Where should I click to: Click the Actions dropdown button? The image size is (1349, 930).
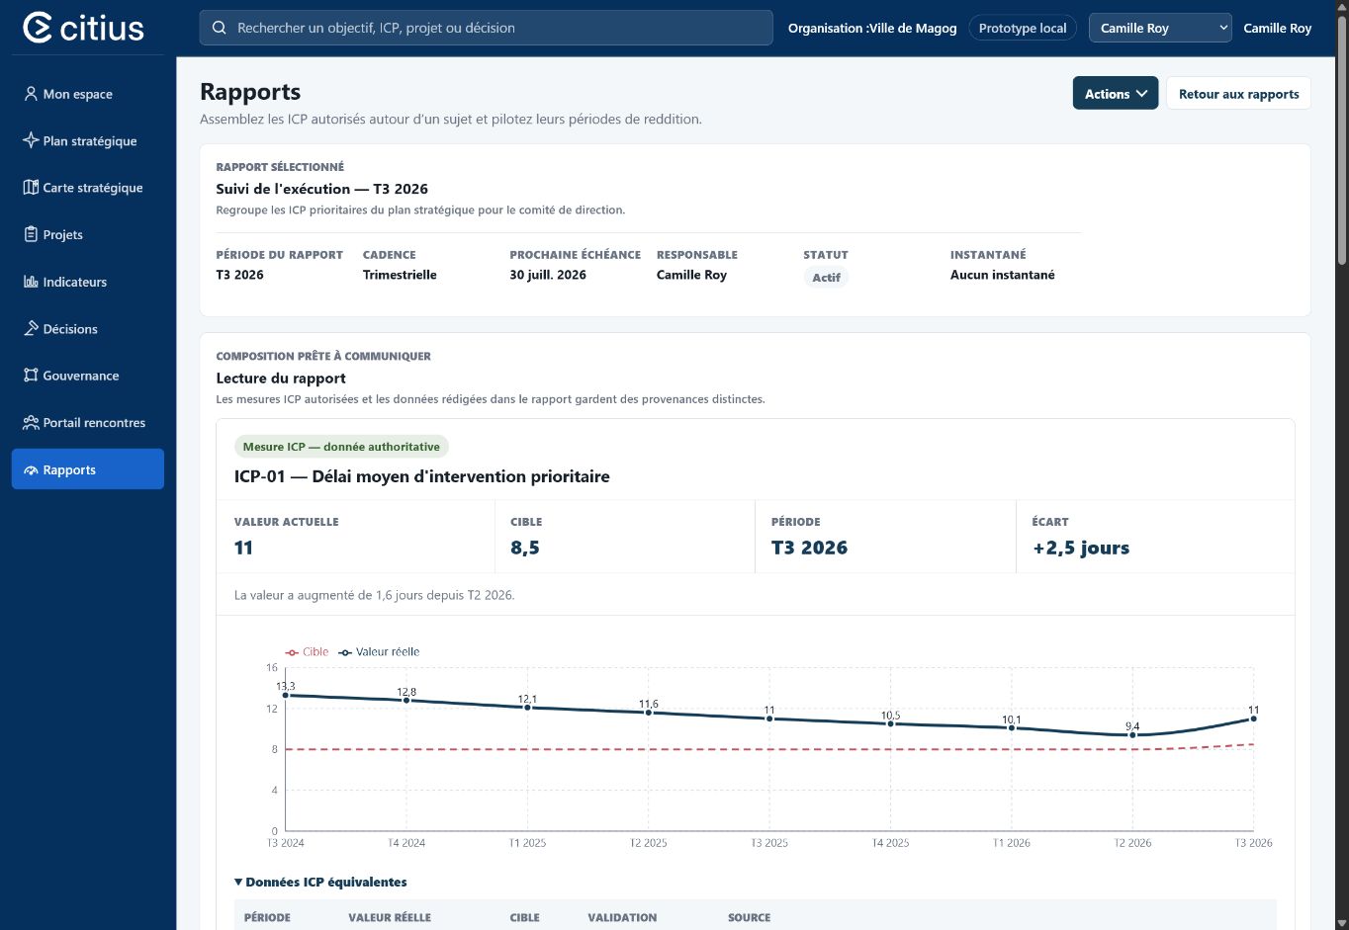[1115, 93]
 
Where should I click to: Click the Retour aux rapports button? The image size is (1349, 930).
[1238, 93]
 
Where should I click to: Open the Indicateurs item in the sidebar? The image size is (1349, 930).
[65, 282]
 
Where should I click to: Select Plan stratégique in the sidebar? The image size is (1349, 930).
[80, 141]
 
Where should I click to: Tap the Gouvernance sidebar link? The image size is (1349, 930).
[71, 376]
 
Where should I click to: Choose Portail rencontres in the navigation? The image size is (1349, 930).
[84, 423]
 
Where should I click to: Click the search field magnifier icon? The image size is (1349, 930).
[220, 28]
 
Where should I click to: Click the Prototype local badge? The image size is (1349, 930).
[1022, 28]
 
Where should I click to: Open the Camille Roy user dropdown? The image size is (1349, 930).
[1160, 28]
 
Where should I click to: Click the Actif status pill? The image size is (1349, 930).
[826, 277]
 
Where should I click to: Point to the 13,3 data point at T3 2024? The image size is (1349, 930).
[286, 695]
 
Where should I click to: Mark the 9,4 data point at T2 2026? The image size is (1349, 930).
[1132, 735]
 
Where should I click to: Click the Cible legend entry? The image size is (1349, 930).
[307, 652]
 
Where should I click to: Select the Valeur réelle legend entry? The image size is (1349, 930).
[379, 652]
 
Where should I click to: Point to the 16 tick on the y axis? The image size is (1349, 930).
[272, 667]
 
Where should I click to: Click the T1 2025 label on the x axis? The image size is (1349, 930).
[527, 843]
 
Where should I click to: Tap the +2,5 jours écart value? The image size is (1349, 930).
[1081, 548]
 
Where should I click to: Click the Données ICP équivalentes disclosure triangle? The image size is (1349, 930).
[238, 882]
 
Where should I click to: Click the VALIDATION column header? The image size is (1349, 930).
[622, 917]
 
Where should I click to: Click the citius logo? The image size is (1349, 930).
[84, 28]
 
